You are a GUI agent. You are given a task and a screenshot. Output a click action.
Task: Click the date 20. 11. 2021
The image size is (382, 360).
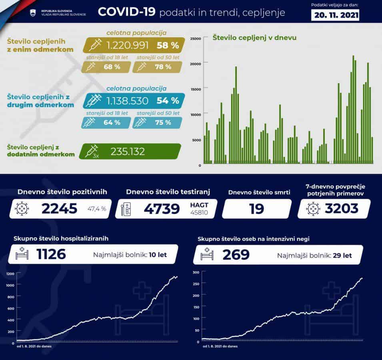(x=335, y=15)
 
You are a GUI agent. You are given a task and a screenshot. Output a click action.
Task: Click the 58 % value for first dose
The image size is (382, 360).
(x=168, y=45)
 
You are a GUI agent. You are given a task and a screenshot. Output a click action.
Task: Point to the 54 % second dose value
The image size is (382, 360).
(x=168, y=100)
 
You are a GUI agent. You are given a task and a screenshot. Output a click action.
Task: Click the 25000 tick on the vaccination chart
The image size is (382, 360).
(x=195, y=38)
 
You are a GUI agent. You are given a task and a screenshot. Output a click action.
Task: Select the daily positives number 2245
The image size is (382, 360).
(x=59, y=208)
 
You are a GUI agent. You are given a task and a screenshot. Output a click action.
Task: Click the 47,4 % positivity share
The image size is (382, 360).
(x=97, y=209)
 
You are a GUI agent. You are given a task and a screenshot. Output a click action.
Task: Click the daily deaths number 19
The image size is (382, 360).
(x=256, y=208)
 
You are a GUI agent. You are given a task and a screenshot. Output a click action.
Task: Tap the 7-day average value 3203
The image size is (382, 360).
(x=341, y=208)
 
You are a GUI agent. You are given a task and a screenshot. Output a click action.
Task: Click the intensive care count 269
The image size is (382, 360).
(x=236, y=254)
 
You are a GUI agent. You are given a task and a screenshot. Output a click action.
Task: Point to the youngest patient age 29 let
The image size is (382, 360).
(x=343, y=255)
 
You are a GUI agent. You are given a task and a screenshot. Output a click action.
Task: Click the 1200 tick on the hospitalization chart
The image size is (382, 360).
(x=10, y=274)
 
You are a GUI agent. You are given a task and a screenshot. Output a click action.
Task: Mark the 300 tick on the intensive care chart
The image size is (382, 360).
(x=196, y=272)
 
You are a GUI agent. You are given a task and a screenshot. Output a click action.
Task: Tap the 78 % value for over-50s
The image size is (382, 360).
(x=162, y=67)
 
